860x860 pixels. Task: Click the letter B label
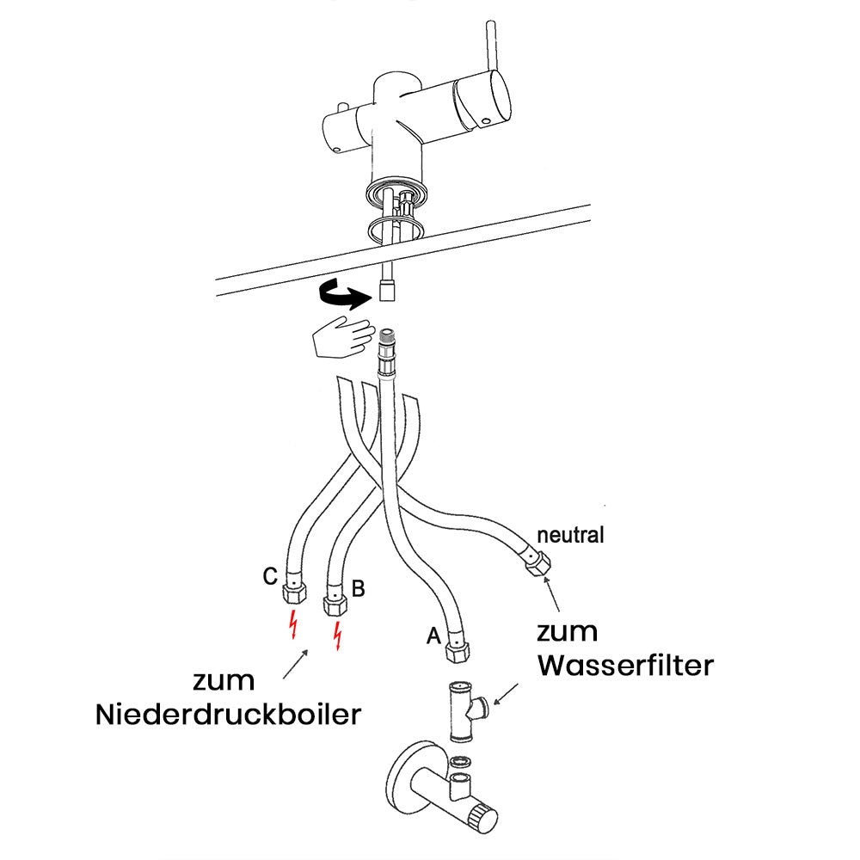pyautogui.click(x=359, y=589)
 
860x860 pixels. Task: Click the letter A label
pyautogui.click(x=433, y=636)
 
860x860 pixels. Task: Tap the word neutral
pyautogui.click(x=570, y=535)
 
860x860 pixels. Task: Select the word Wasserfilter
pyautogui.click(x=625, y=665)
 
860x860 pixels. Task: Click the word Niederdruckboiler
pyautogui.click(x=228, y=715)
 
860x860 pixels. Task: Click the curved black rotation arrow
pyautogui.click(x=341, y=296)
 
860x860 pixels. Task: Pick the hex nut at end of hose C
pyautogui.click(x=294, y=592)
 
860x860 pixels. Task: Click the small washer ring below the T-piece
pyautogui.click(x=461, y=760)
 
